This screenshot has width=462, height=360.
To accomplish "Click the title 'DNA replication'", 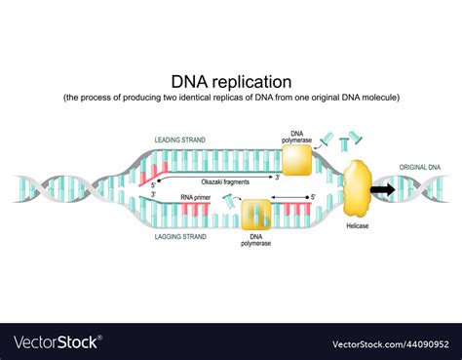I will tap(230, 81).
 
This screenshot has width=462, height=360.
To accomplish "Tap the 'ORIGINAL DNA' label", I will tap(421, 168).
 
